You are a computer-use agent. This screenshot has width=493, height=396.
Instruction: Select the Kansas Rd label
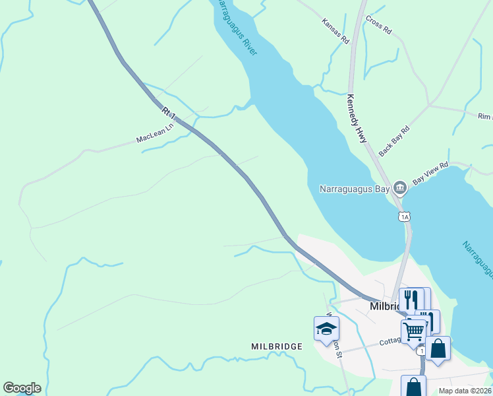[335, 31]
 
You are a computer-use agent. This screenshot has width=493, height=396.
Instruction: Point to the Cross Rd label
[378, 26]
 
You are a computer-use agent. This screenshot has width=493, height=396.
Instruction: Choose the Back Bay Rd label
[394, 140]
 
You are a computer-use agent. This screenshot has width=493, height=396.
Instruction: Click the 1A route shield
[404, 216]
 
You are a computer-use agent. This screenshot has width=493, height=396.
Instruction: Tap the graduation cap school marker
[326, 329]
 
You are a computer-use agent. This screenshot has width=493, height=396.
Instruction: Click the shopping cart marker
[413, 330]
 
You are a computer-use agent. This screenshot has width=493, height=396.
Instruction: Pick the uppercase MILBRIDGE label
[277, 346]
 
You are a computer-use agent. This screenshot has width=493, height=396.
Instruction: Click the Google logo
[22, 388]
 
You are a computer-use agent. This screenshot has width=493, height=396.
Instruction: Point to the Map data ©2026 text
[465, 391]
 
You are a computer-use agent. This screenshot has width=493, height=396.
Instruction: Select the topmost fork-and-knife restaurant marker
[411, 300]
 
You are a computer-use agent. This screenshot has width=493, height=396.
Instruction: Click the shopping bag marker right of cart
[438, 348]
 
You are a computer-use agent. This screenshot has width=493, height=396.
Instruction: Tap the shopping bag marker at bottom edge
[413, 387]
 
